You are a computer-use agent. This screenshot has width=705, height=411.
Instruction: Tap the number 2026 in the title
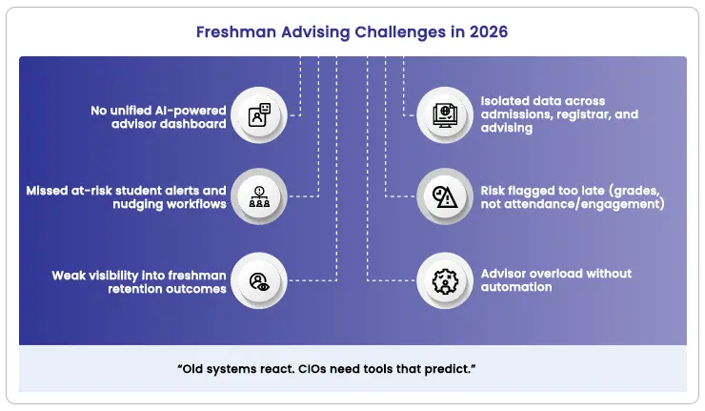[488, 31]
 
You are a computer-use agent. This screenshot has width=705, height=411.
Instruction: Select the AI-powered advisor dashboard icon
[259, 116]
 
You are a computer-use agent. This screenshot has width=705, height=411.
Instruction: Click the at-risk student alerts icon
[259, 197]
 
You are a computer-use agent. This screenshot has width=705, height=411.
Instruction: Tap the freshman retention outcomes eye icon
[259, 280]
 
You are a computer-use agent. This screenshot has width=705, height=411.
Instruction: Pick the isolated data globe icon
[445, 116]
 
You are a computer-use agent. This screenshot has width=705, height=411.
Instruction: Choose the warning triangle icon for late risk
[445, 197]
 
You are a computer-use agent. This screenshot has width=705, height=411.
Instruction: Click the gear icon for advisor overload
[445, 280]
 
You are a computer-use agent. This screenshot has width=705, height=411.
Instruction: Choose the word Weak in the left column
[69, 276]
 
